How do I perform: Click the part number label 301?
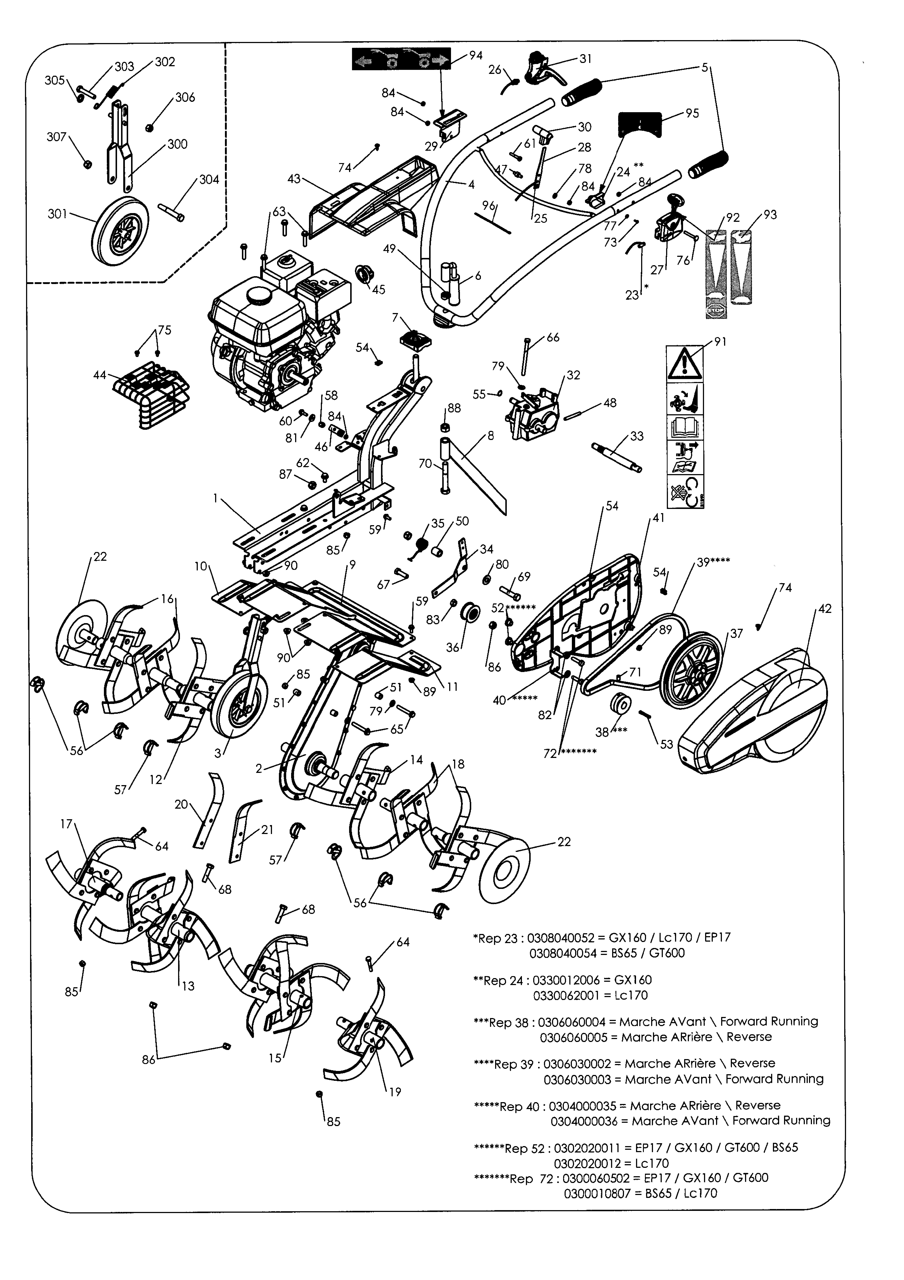(57, 214)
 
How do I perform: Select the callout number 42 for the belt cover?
(825, 609)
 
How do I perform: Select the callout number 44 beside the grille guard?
(100, 375)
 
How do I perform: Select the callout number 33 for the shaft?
(637, 436)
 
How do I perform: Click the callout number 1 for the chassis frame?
(215, 498)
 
